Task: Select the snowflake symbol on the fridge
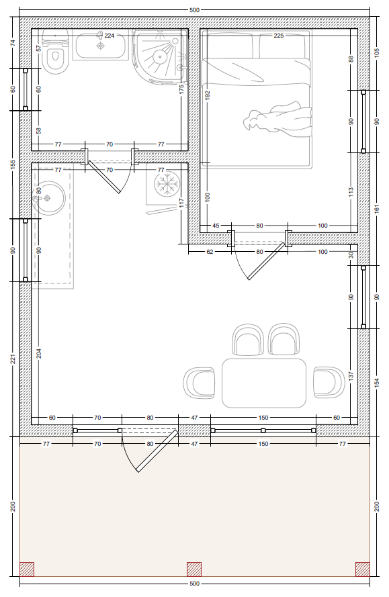pyautogui.click(x=167, y=183)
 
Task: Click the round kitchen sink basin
pyautogui.click(x=48, y=198)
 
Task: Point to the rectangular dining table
pyautogui.click(x=264, y=383)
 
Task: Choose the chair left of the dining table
pyautogui.click(x=199, y=383)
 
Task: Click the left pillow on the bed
pyautogui.click(x=229, y=45)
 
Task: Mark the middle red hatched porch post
pyautogui.click(x=194, y=569)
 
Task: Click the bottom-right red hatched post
pyautogui.click(x=362, y=569)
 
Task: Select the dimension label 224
pyautogui.click(x=110, y=36)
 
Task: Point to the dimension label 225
pyautogui.click(x=279, y=36)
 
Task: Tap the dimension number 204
pyautogui.click(x=39, y=353)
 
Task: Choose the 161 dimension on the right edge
pyautogui.click(x=377, y=208)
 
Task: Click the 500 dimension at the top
pyautogui.click(x=194, y=10)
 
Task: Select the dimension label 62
pyautogui.click(x=210, y=252)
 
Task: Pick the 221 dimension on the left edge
pyautogui.click(x=13, y=359)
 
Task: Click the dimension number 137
pyautogui.click(x=351, y=376)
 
